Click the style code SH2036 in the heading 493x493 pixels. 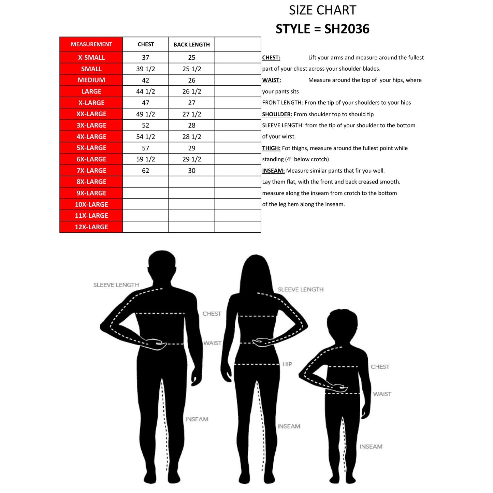click(347, 29)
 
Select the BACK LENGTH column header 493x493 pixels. click(191, 44)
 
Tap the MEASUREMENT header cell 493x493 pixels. click(91, 44)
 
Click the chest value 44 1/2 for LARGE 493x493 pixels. click(145, 91)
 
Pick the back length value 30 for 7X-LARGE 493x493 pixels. click(191, 171)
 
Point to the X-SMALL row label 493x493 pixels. click(91, 58)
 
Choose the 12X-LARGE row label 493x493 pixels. click(91, 227)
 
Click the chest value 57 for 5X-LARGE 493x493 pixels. click(145, 148)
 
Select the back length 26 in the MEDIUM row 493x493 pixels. click(191, 80)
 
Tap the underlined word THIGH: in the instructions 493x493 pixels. click(271, 148)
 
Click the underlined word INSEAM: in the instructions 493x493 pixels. click(273, 171)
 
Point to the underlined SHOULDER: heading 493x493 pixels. click(277, 114)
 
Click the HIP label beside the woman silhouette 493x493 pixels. click(287, 364)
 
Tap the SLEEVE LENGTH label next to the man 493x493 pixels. click(116, 285)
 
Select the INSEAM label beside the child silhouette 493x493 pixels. click(371, 446)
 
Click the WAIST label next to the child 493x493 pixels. click(382, 394)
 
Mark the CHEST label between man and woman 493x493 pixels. click(212, 314)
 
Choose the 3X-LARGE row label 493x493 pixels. click(91, 125)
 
